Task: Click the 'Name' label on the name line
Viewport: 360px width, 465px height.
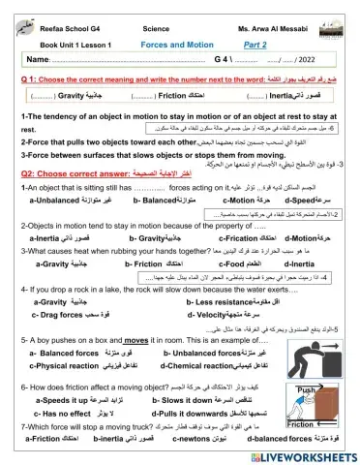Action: pyautogui.click(x=36, y=61)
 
